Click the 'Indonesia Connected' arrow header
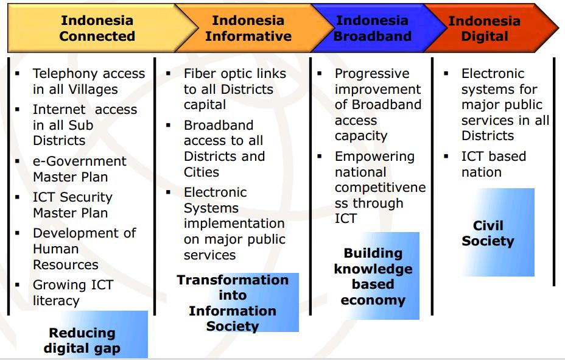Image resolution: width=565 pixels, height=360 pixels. pos(97,29)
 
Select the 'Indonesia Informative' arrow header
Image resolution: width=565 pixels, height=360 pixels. pos(248,29)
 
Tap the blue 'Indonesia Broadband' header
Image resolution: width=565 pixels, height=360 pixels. pos(372,29)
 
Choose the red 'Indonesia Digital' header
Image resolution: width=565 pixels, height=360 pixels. pos(485,29)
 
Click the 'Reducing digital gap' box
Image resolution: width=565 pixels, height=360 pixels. pos(82,341)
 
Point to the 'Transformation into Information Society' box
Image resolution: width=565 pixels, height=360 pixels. pos(233,303)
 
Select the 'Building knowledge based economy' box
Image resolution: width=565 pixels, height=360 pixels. pos(373,276)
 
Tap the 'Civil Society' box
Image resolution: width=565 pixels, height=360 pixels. pos(488,233)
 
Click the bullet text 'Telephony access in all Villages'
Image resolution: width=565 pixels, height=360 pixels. pos(88,81)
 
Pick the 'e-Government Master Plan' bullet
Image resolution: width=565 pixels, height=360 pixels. pos(79,169)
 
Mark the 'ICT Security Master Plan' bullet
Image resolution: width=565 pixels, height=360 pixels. pos(72,205)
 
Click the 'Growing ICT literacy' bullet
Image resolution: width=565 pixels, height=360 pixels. pos(72,292)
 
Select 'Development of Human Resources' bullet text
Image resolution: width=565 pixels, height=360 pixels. pos(84,249)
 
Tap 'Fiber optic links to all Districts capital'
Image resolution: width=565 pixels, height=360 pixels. pos(234,89)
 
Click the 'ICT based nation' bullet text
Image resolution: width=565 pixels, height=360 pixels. pos(493,164)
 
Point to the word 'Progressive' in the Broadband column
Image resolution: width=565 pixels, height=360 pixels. pos(372,74)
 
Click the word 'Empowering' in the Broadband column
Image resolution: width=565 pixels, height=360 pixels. pos(374,157)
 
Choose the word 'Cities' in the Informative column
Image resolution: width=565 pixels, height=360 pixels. pos(202,172)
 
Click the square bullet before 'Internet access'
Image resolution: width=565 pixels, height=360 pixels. pos(18,110)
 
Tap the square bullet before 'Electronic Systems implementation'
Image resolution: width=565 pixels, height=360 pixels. pos(169,192)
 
